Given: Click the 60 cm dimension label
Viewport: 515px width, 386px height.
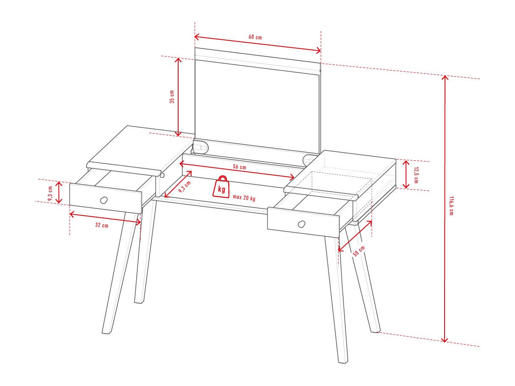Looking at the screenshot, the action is pyautogui.click(x=255, y=37).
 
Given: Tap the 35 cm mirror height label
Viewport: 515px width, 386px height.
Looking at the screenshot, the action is pyautogui.click(x=172, y=96).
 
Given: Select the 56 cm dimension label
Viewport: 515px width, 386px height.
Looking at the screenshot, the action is pyautogui.click(x=240, y=167).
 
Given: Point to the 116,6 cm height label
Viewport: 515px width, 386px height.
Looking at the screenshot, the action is pyautogui.click(x=451, y=206).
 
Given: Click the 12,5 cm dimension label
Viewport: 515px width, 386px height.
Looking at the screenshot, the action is pyautogui.click(x=416, y=175).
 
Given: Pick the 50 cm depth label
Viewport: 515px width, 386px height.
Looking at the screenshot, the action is pyautogui.click(x=359, y=251).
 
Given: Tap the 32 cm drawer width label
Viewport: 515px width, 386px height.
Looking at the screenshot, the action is pyautogui.click(x=102, y=225).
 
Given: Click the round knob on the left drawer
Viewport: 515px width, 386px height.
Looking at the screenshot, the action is pyautogui.click(x=104, y=200).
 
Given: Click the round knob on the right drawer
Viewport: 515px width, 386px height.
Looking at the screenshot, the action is pyautogui.click(x=301, y=224).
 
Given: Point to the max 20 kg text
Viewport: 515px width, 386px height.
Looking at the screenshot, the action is pyautogui.click(x=244, y=198).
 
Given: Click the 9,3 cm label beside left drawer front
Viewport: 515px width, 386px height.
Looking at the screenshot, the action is pyautogui.click(x=50, y=193).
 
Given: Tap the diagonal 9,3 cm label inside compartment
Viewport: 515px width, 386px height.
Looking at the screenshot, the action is pyautogui.click(x=185, y=187).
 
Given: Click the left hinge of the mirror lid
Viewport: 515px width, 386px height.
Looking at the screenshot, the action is pyautogui.click(x=201, y=147).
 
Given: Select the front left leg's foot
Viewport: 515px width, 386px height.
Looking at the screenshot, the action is pyautogui.click(x=107, y=332).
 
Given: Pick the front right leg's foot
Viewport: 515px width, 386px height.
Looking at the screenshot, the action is pyautogui.click(x=343, y=362).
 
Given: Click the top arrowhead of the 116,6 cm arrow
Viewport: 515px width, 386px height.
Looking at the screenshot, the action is pyautogui.click(x=445, y=77).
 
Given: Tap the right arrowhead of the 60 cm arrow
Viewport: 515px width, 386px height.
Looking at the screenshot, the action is pyautogui.click(x=319, y=50).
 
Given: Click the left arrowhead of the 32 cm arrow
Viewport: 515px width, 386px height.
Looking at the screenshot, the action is pyautogui.click(x=72, y=214).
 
